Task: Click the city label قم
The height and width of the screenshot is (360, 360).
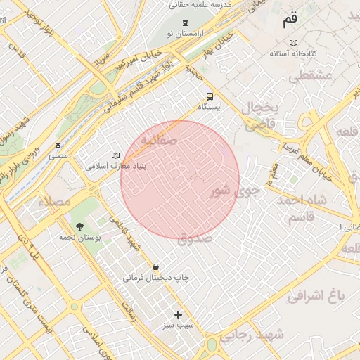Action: click(x=290, y=20)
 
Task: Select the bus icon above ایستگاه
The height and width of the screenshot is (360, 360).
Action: click(x=209, y=96)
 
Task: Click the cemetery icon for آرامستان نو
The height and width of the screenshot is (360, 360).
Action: click(x=175, y=23)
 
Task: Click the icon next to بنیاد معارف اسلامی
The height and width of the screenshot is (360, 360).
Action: click(x=115, y=155)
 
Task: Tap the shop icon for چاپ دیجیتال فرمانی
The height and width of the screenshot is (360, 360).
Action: click(x=155, y=266)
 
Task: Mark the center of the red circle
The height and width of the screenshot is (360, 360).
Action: click(x=180, y=179)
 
